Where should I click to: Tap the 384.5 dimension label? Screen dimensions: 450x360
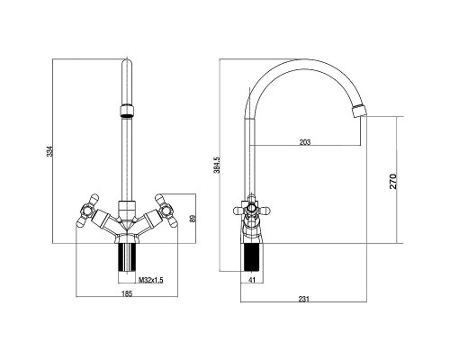tap(217, 165)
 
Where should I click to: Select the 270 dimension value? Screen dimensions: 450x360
tap(392, 181)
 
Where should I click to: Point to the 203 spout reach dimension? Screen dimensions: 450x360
tap(305, 142)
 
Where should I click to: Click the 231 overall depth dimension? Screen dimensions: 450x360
tap(304, 299)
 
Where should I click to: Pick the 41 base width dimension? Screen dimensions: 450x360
tap(252, 280)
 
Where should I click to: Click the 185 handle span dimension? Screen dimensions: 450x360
tap(127, 293)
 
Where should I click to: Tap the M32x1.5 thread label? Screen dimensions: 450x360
tap(150, 280)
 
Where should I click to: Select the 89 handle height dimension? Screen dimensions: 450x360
tap(193, 218)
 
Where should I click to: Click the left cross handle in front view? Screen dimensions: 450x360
tap(87, 211)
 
